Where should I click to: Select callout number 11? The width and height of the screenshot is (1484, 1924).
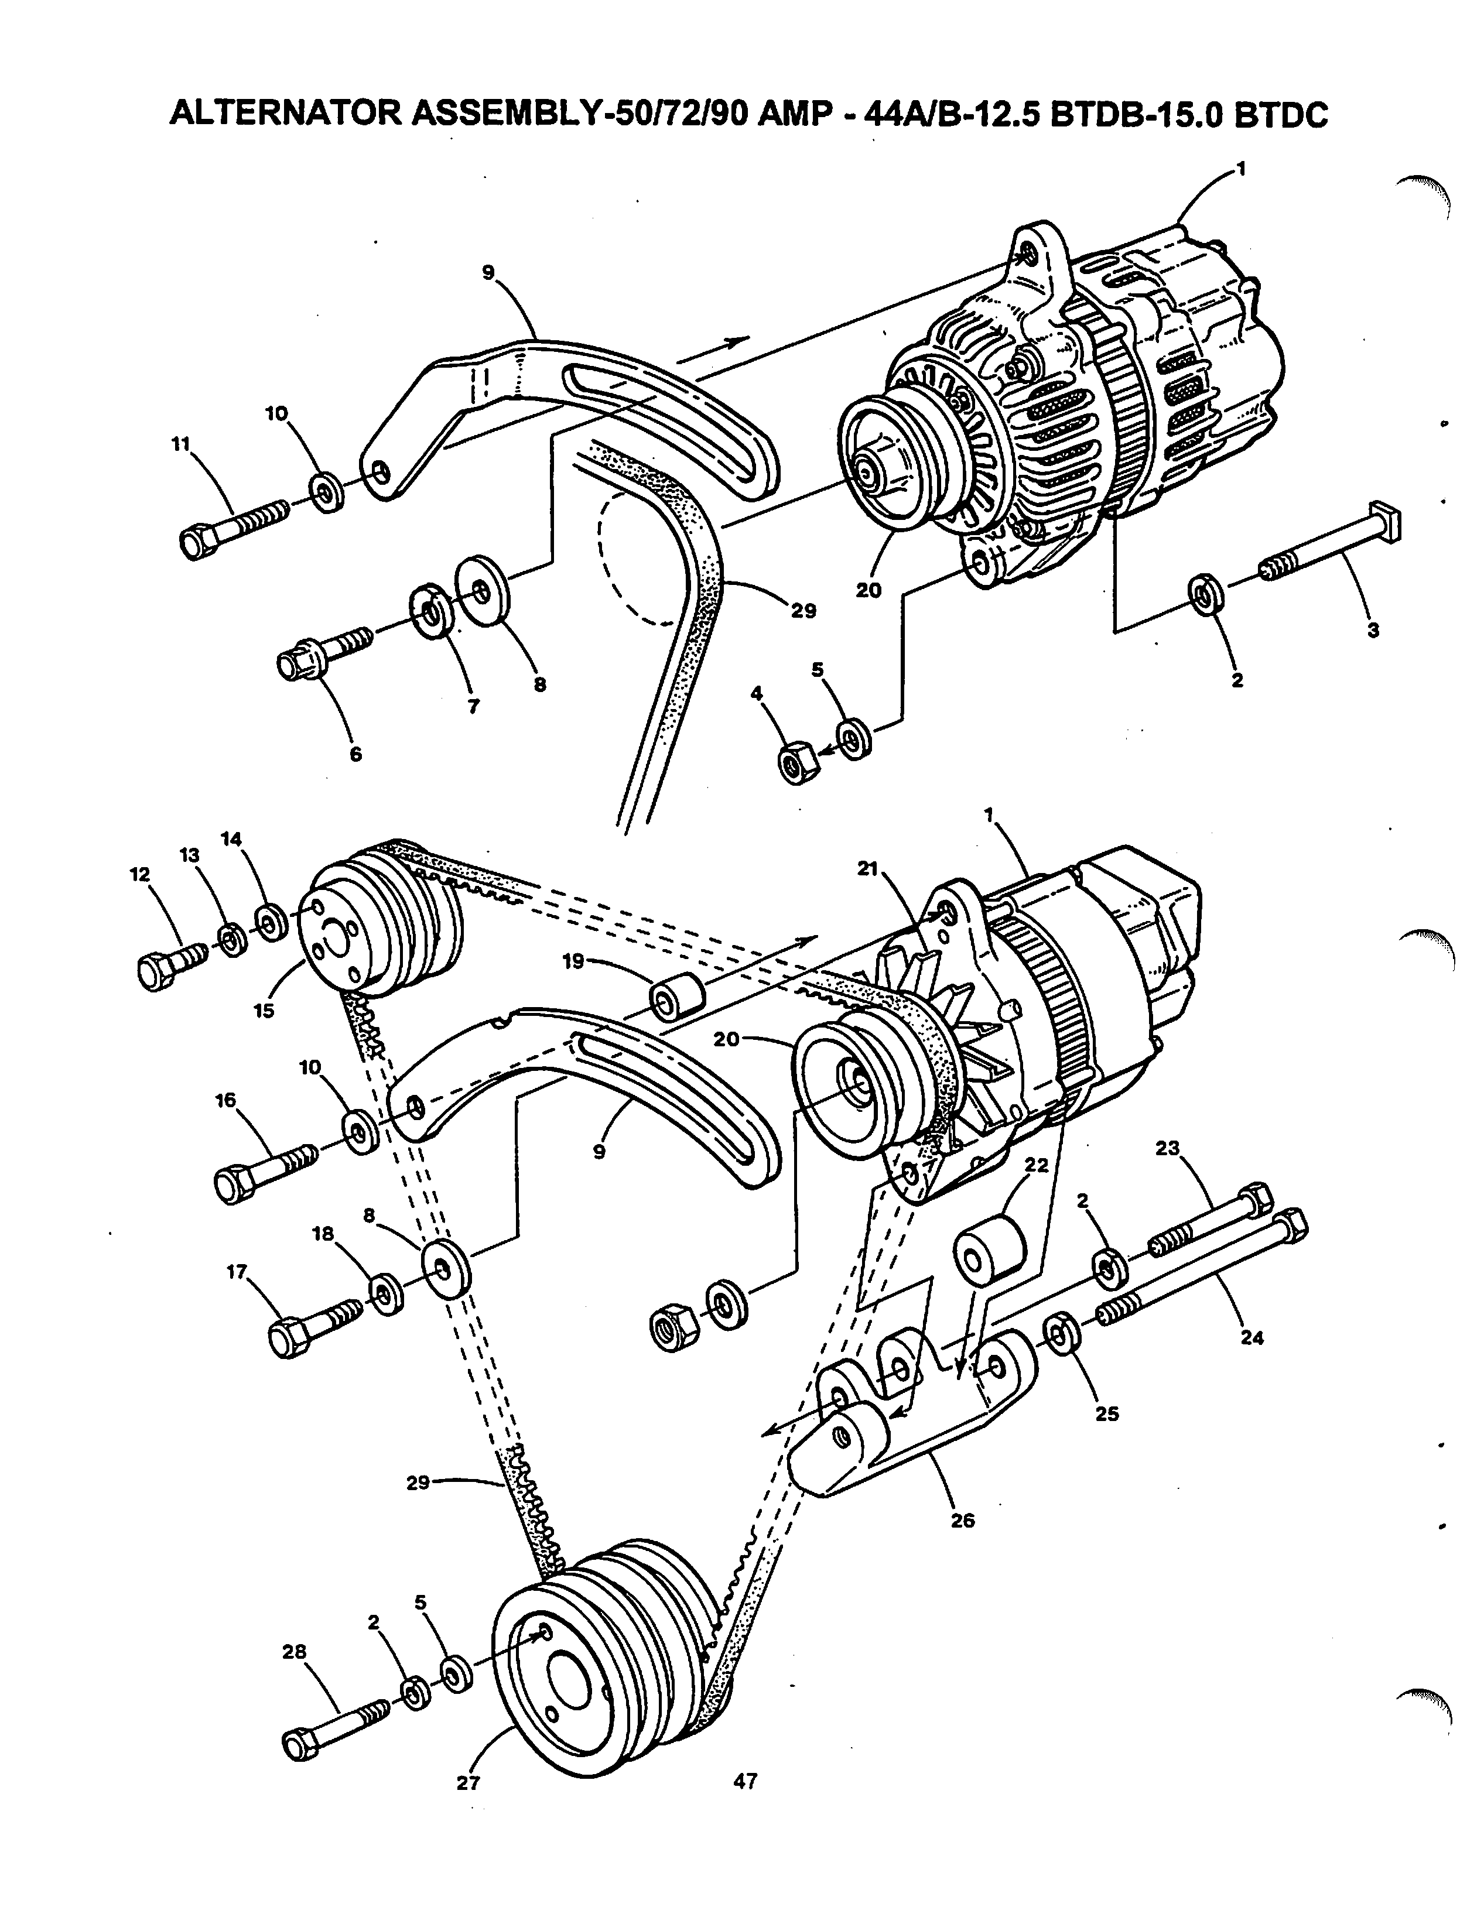click(x=180, y=445)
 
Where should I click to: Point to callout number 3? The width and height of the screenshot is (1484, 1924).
click(x=1372, y=631)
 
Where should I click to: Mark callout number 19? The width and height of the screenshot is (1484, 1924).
click(x=574, y=962)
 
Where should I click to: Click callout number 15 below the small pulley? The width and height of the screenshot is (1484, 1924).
click(x=264, y=1011)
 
